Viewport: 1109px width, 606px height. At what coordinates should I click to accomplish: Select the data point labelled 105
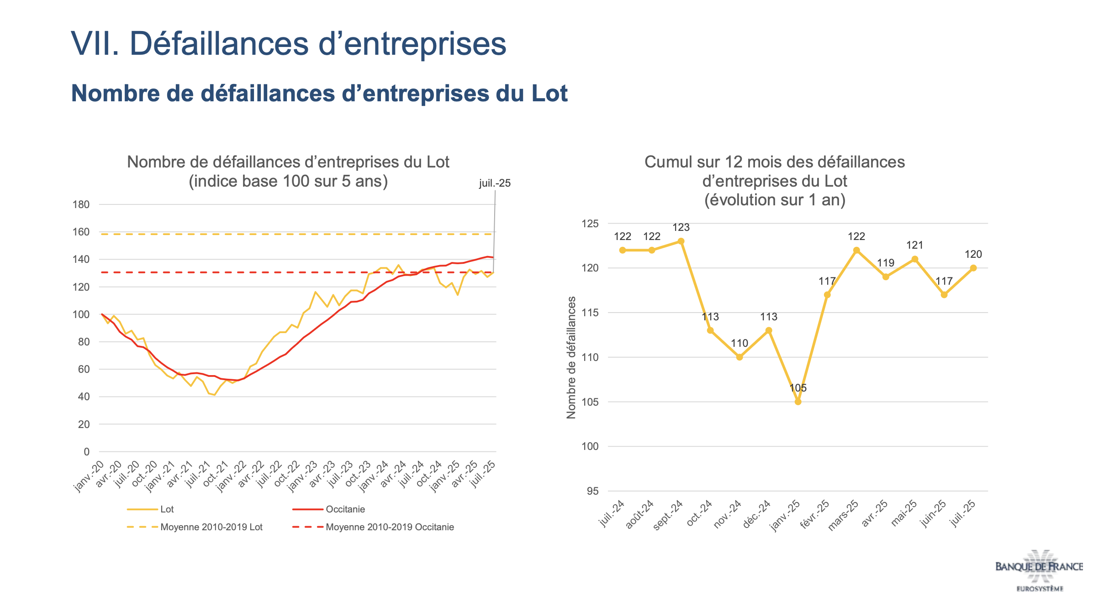click(798, 402)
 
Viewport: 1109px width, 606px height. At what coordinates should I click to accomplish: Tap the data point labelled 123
click(681, 241)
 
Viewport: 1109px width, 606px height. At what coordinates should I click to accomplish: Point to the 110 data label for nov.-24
click(739, 343)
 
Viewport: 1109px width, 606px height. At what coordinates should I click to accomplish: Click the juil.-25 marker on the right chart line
click(973, 268)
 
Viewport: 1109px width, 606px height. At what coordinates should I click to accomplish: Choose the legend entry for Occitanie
click(345, 509)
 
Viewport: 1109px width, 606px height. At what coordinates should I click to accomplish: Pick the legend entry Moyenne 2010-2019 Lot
click(211, 527)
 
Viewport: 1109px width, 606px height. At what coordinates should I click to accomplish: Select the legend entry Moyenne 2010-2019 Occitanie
click(390, 527)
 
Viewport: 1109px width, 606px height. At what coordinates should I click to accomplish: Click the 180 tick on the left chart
click(81, 204)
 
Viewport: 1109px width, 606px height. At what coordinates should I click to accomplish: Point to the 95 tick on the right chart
click(592, 491)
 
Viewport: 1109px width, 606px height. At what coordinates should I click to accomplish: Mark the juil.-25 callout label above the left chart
click(495, 183)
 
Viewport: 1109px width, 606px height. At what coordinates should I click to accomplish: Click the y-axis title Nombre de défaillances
click(571, 357)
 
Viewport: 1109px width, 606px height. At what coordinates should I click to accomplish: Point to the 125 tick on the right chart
click(590, 224)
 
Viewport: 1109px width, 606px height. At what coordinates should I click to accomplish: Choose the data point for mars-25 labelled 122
click(856, 250)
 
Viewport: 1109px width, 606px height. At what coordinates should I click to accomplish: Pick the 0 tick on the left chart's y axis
click(87, 452)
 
